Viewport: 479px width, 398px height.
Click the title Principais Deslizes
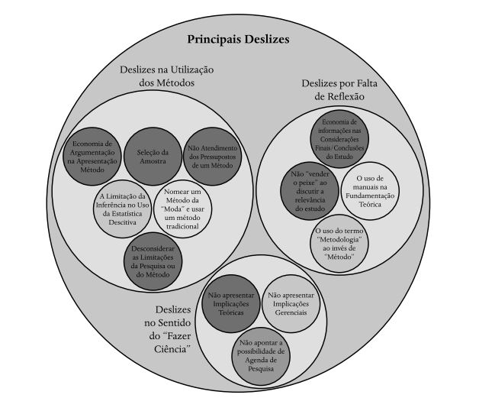click(x=239, y=39)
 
